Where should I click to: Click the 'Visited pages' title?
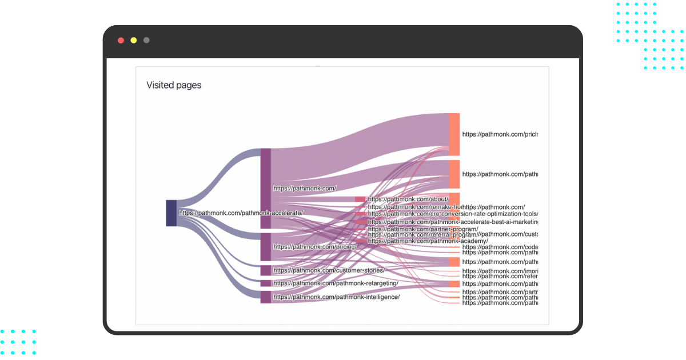[174, 86]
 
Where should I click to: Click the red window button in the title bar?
[121, 41]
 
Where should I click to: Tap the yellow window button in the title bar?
[134, 41]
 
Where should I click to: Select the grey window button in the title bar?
[147, 41]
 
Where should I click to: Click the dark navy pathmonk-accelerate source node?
[171, 213]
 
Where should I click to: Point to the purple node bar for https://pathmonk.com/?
[266, 188]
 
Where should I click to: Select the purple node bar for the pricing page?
[266, 246]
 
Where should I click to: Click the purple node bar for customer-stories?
[266, 270]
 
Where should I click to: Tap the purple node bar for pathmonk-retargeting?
[266, 283]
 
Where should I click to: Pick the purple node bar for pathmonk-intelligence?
[266, 297]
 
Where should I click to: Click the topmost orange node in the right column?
[454, 134]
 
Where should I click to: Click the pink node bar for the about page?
[360, 199]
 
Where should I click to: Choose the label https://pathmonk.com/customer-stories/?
[329, 270]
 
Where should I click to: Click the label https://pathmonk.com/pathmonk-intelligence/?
[336, 297]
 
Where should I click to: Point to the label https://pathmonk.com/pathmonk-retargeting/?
[336, 283]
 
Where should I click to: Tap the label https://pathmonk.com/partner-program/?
[422, 229]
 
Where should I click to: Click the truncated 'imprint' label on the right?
[500, 271]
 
